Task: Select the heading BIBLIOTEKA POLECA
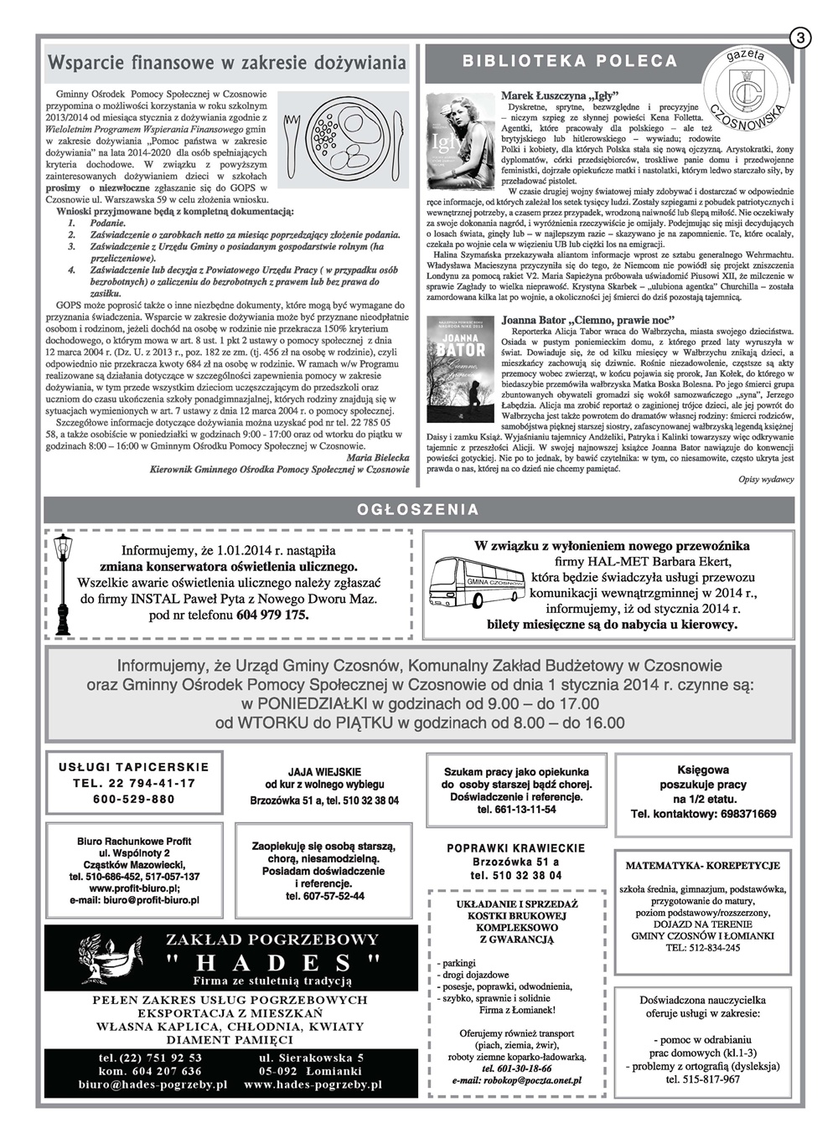[x=570, y=61]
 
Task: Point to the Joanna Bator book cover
[x=460, y=367]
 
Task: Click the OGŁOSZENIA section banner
[x=418, y=509]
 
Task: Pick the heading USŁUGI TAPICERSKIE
[x=134, y=766]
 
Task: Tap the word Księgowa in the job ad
[x=702, y=770]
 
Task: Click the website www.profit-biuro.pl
[x=134, y=888]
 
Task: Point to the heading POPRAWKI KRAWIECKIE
[x=515, y=848]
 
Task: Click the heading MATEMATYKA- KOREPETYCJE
[x=702, y=866]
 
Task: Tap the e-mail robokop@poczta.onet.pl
[x=515, y=1080]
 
